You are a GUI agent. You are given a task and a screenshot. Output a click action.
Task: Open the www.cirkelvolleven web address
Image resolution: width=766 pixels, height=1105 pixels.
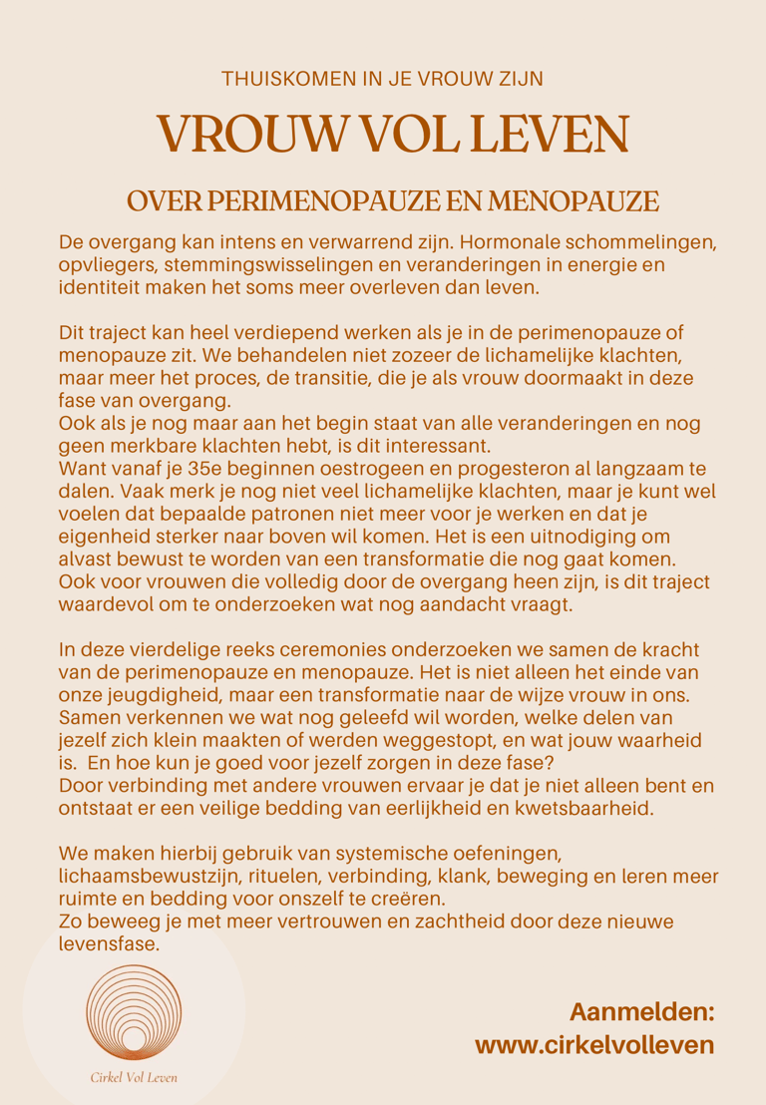coord(594,1044)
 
